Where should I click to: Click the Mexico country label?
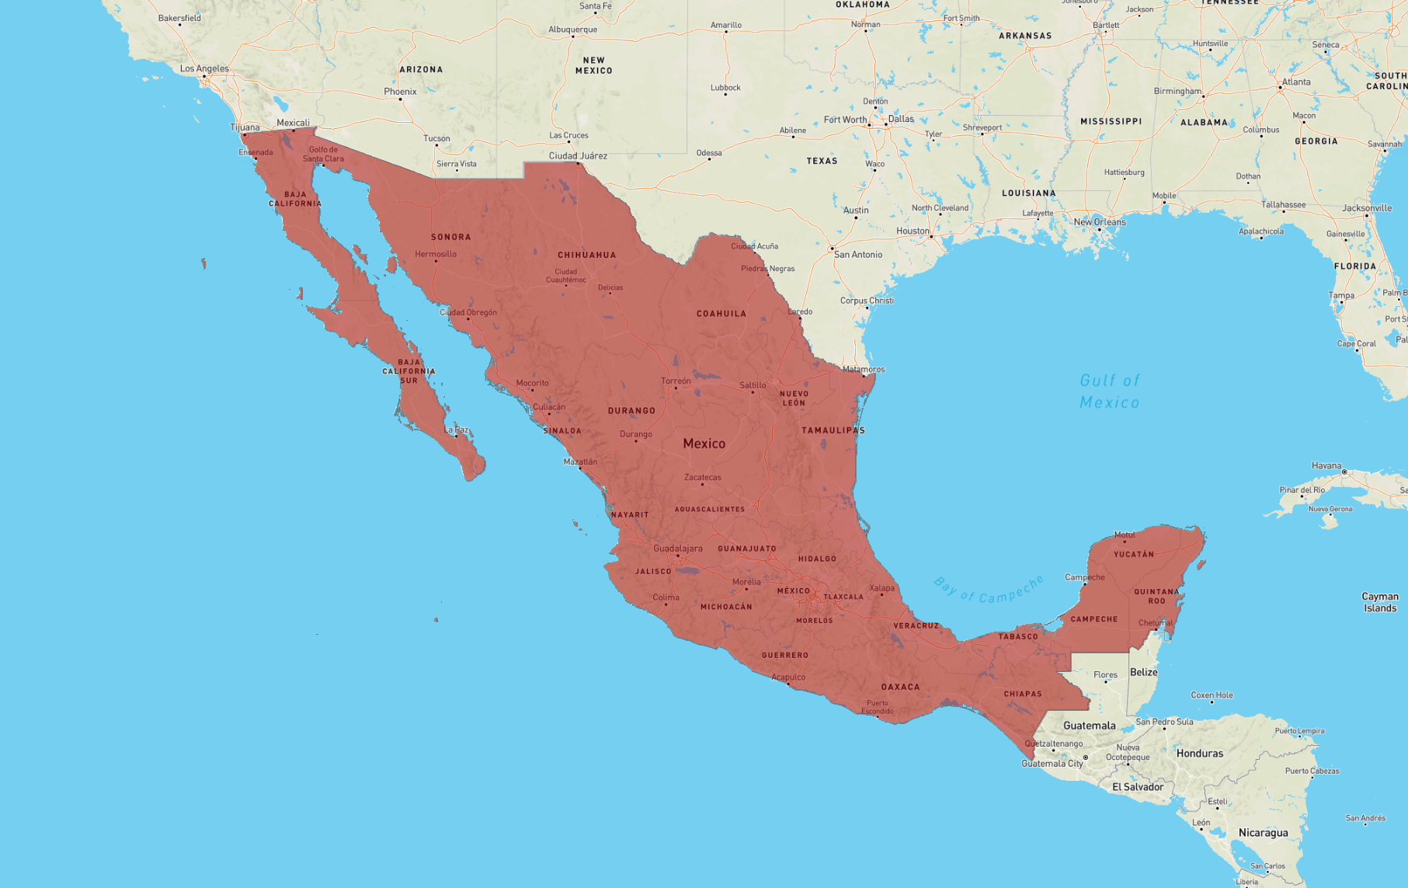coord(704,444)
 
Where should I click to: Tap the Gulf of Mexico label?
coord(1109,392)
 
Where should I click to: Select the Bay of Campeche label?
coord(988,590)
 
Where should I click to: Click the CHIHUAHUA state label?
coord(586,255)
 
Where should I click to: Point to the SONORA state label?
coord(450,237)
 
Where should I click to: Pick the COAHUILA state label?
coord(721,314)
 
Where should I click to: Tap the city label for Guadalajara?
coord(677,548)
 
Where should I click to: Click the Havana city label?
coord(1326,466)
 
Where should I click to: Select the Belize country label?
coord(1143,672)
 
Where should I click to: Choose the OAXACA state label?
coord(900,687)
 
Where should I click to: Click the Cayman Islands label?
coord(1379,602)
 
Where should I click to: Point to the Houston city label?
coord(913,231)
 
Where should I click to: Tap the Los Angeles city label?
coord(204,68)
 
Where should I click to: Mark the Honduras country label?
coord(1199,753)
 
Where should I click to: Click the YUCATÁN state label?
coord(1133,554)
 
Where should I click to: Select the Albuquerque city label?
coord(572,30)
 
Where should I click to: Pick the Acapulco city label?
coord(788,677)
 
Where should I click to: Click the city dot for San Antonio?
coord(832,249)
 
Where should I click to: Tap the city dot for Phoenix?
coord(401,99)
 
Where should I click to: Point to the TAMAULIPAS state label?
coord(833,430)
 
